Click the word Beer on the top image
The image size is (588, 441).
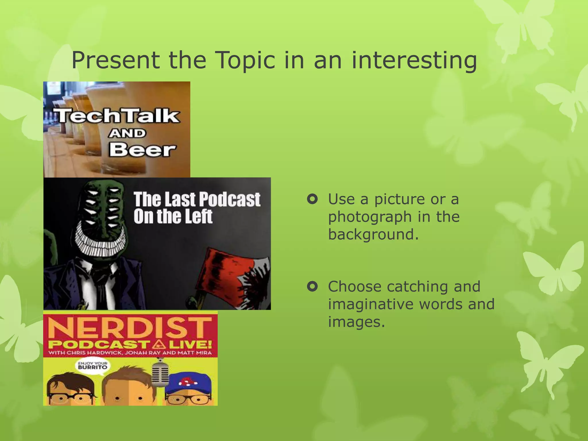142,150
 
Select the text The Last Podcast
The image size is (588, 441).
197,199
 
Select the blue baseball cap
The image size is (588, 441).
190,384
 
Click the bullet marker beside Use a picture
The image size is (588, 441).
312,199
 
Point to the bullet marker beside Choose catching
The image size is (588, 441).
312,286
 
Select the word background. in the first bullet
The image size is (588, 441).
373,234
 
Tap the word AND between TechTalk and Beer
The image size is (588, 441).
127,133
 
